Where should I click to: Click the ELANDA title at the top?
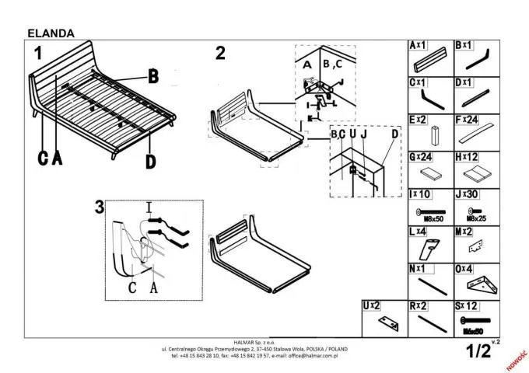(x=51, y=33)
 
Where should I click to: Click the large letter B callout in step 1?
(x=153, y=76)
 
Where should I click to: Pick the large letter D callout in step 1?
(x=150, y=161)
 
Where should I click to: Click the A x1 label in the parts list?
(x=418, y=46)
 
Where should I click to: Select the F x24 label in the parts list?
(x=465, y=120)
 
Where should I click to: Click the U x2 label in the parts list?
(x=372, y=305)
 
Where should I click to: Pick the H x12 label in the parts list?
(x=465, y=156)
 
